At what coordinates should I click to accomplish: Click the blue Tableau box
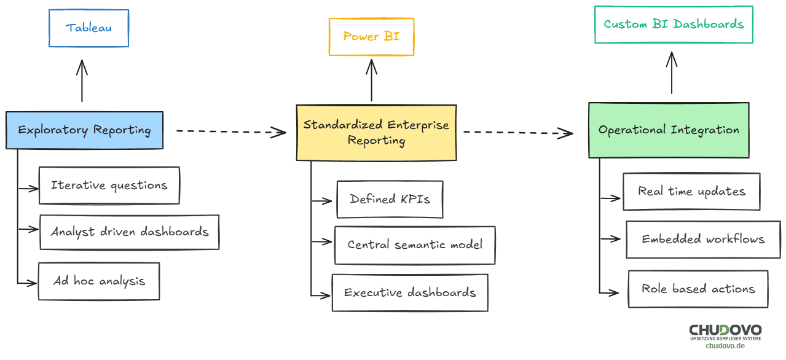coord(89,28)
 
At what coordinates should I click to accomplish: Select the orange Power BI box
coord(371,37)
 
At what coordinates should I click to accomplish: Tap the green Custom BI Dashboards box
coord(674,25)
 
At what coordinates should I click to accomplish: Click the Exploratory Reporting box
coord(84,130)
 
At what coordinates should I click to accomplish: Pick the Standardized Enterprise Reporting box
coord(376,133)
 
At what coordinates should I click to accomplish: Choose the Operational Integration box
coord(669,130)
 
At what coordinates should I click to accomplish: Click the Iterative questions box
coord(109,186)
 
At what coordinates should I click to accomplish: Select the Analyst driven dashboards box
coord(129,232)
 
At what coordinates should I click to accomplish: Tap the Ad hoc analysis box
coord(99,281)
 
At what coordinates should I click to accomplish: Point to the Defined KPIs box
coord(390,199)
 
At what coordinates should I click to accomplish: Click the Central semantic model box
coord(415,245)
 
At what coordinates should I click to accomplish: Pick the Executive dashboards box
coord(410,293)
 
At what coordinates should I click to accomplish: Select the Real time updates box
coord(691,192)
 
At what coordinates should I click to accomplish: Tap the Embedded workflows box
coord(703,240)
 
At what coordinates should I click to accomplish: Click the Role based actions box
coord(698,289)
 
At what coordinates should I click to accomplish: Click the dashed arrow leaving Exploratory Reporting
coord(231,131)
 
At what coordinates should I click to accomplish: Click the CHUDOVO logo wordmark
coord(725,331)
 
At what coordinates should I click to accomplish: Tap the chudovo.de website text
coord(725,346)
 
